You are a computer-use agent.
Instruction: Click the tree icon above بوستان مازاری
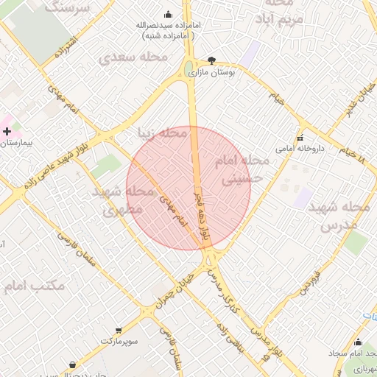[212, 61]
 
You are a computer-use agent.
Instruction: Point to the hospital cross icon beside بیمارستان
[7, 131]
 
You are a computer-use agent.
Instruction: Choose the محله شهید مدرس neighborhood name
[345, 216]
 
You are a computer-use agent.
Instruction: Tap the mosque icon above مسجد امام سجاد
[358, 342]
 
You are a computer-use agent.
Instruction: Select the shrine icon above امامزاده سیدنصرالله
[168, 14]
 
